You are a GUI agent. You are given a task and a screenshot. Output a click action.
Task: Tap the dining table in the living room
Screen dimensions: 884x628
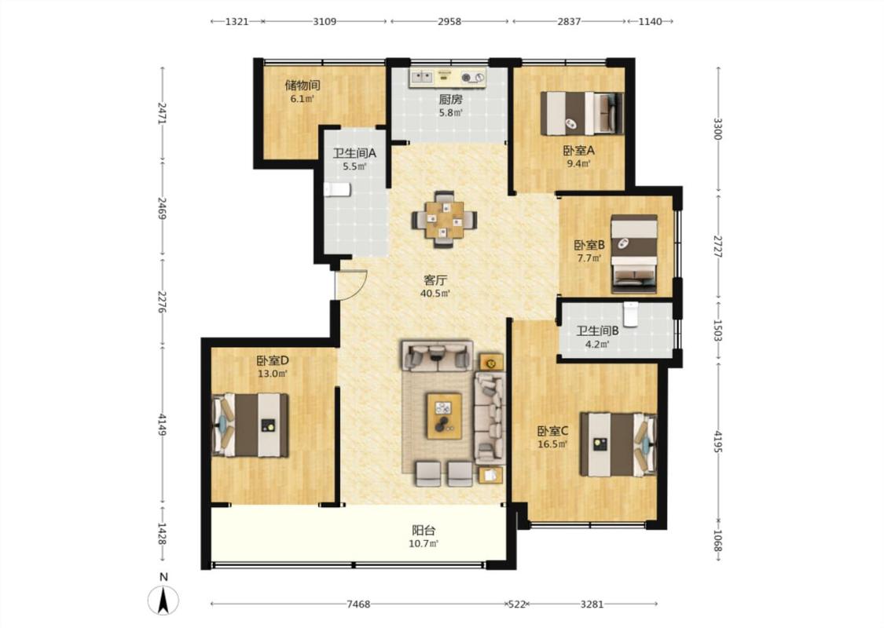click(444, 220)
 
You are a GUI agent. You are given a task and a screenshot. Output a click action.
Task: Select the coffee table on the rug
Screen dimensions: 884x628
click(444, 416)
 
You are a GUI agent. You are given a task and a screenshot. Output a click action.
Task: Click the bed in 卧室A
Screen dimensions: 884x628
click(581, 113)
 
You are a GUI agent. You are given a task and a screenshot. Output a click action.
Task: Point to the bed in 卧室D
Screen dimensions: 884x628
click(250, 425)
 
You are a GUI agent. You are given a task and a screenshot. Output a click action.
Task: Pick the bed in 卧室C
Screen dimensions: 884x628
click(618, 444)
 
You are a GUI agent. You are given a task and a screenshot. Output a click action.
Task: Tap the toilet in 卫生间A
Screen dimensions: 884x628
click(337, 190)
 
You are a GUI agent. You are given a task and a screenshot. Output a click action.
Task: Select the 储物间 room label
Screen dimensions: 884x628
click(303, 85)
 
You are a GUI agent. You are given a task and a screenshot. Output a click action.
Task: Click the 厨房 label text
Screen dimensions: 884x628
click(450, 100)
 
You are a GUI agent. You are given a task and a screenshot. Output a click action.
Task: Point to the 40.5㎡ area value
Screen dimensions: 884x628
click(435, 294)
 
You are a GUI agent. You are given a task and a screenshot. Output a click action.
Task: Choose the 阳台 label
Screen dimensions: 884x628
click(424, 531)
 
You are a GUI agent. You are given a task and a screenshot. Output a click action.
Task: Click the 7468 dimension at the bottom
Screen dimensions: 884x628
click(358, 604)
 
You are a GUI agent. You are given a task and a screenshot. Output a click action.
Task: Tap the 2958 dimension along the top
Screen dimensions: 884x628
click(449, 21)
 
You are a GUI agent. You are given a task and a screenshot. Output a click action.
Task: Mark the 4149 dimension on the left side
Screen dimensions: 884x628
click(163, 425)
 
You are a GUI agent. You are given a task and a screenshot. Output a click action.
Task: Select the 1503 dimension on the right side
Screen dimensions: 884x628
click(717, 330)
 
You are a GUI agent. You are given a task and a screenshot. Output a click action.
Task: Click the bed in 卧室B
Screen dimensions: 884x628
click(635, 254)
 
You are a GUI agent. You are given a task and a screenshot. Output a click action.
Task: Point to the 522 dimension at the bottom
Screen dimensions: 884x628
click(516, 604)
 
